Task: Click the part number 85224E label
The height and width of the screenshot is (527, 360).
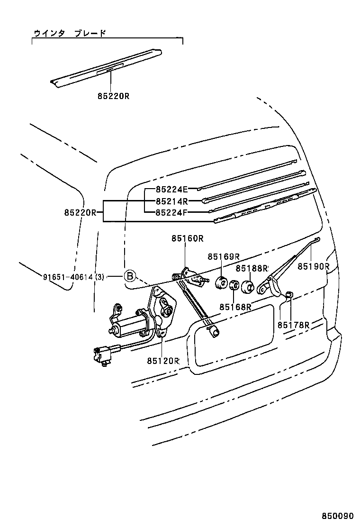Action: [172, 190]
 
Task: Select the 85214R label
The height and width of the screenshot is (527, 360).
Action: [172, 201]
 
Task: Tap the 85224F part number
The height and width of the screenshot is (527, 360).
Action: [172, 212]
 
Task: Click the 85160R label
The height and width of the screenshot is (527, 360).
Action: [188, 239]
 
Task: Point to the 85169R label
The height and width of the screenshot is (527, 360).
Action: [224, 256]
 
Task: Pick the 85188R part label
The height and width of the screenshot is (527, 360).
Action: [252, 268]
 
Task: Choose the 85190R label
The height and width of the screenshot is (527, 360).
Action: [313, 266]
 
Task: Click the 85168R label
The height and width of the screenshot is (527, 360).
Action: [235, 307]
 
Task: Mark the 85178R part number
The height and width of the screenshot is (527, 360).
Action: [293, 325]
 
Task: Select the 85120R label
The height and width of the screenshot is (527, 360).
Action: [163, 361]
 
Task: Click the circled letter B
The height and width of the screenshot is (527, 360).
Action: [130, 276]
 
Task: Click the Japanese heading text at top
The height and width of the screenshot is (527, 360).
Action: [70, 33]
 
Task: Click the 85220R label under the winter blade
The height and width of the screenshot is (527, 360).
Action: [113, 96]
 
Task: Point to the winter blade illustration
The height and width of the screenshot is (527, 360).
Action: [107, 68]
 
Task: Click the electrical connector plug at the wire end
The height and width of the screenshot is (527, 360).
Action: [104, 355]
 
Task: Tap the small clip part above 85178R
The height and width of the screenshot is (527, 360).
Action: [289, 296]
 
